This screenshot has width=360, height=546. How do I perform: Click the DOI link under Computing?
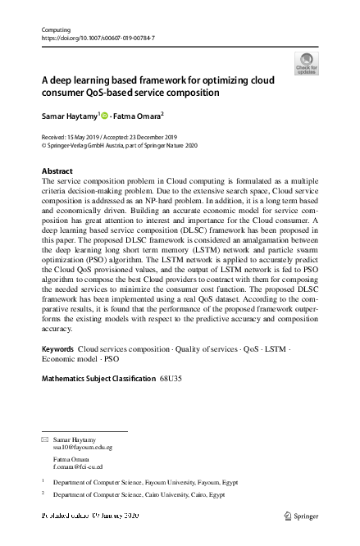[98, 39]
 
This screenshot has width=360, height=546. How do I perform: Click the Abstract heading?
[57, 171]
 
